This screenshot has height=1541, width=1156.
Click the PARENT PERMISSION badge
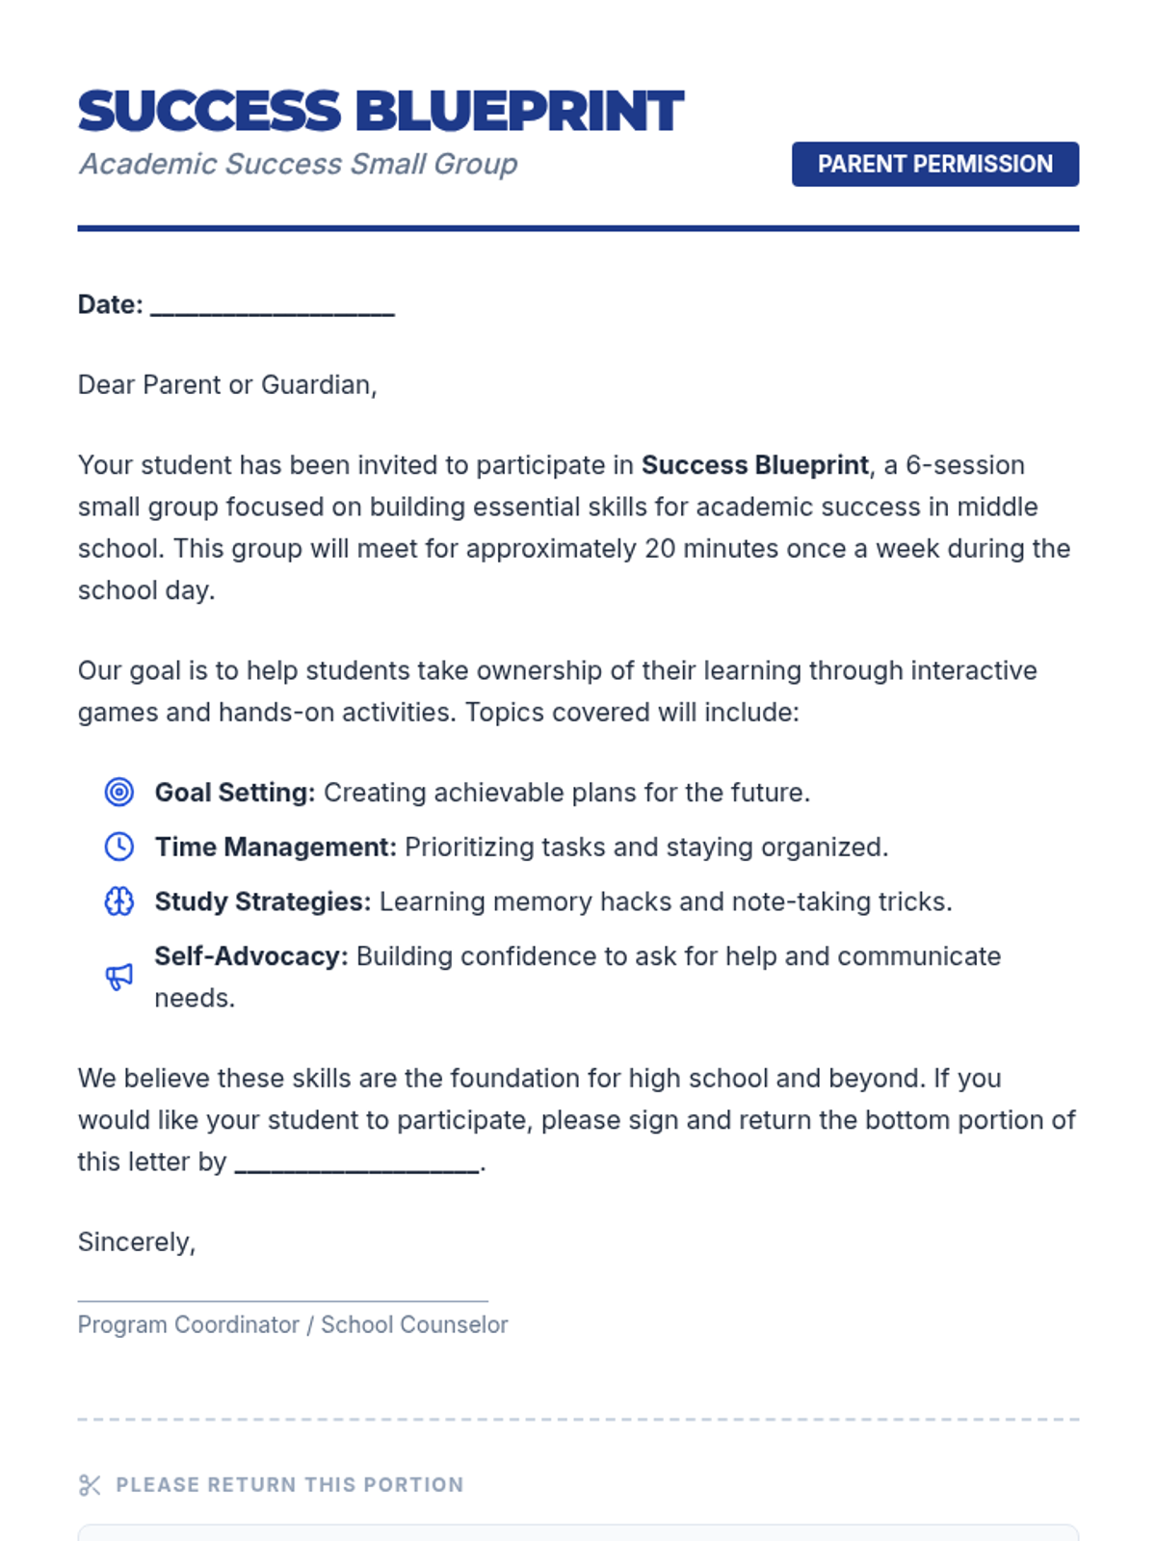pyautogui.click(x=934, y=164)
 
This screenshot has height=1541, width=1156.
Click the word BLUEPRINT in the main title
pyautogui.click(x=520, y=111)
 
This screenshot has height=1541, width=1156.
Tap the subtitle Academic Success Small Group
pyautogui.click(x=298, y=164)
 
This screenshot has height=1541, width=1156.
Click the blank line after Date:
pyautogui.click(x=273, y=306)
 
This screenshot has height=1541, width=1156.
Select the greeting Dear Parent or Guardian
pyautogui.click(x=226, y=385)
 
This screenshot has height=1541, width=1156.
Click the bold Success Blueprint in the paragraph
pyautogui.click(x=754, y=465)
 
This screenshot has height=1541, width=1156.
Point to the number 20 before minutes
pyautogui.click(x=660, y=549)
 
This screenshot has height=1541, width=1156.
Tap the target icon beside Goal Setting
pyautogui.click(x=119, y=793)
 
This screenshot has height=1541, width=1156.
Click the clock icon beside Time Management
pyautogui.click(x=119, y=848)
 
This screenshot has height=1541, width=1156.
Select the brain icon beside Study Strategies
pyautogui.click(x=119, y=901)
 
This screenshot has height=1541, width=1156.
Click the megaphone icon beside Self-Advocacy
pyautogui.click(x=119, y=977)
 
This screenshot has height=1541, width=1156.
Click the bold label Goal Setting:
pyautogui.click(x=235, y=793)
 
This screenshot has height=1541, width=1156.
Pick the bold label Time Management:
pyautogui.click(x=276, y=848)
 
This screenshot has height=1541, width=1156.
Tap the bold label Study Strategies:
pyautogui.click(x=262, y=901)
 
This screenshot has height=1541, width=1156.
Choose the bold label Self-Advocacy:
pyautogui.click(x=250, y=956)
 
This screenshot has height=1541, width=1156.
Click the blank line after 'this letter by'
pyautogui.click(x=357, y=1163)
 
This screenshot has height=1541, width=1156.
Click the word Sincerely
pyautogui.click(x=135, y=1242)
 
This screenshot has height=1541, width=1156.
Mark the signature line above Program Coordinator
pyautogui.click(x=282, y=1300)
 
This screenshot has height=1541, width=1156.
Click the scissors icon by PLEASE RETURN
pyautogui.click(x=90, y=1485)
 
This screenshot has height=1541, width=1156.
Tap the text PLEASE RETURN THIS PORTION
pyautogui.click(x=289, y=1485)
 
